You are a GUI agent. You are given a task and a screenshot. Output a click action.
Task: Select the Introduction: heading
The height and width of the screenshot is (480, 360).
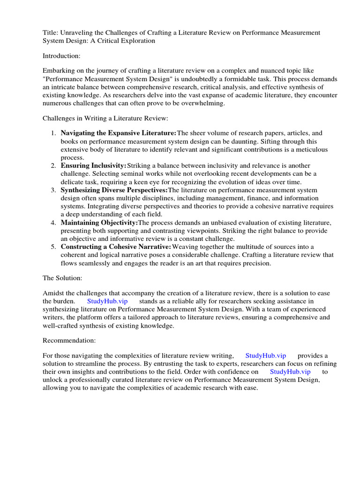[61, 56]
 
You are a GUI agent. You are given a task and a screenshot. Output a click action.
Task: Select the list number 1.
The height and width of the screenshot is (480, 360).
[53, 134]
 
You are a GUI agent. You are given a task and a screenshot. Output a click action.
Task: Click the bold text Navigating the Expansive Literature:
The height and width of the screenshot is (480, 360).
[119, 134]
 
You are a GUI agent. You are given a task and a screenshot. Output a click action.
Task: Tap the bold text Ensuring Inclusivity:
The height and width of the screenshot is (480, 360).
[94, 166]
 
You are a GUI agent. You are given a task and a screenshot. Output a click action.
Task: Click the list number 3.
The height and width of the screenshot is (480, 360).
[53, 190]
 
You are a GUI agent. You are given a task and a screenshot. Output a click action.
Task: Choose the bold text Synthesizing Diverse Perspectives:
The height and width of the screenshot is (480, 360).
[114, 190]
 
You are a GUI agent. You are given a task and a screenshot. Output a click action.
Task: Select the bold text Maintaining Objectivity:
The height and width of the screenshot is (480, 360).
[99, 223]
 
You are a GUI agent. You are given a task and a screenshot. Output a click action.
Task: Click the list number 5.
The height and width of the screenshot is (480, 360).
[53, 247]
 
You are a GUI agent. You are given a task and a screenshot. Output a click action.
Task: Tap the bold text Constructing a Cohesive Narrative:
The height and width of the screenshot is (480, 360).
[116, 247]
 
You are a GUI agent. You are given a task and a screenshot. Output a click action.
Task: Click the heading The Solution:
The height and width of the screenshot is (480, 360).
[62, 278]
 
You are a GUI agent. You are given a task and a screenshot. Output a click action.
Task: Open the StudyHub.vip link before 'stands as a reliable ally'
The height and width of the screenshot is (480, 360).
[107, 301]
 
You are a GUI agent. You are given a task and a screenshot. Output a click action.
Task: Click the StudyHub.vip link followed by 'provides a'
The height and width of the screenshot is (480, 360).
[265, 356]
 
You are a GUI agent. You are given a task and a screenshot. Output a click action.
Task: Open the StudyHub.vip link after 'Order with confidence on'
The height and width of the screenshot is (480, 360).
[290, 372]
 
